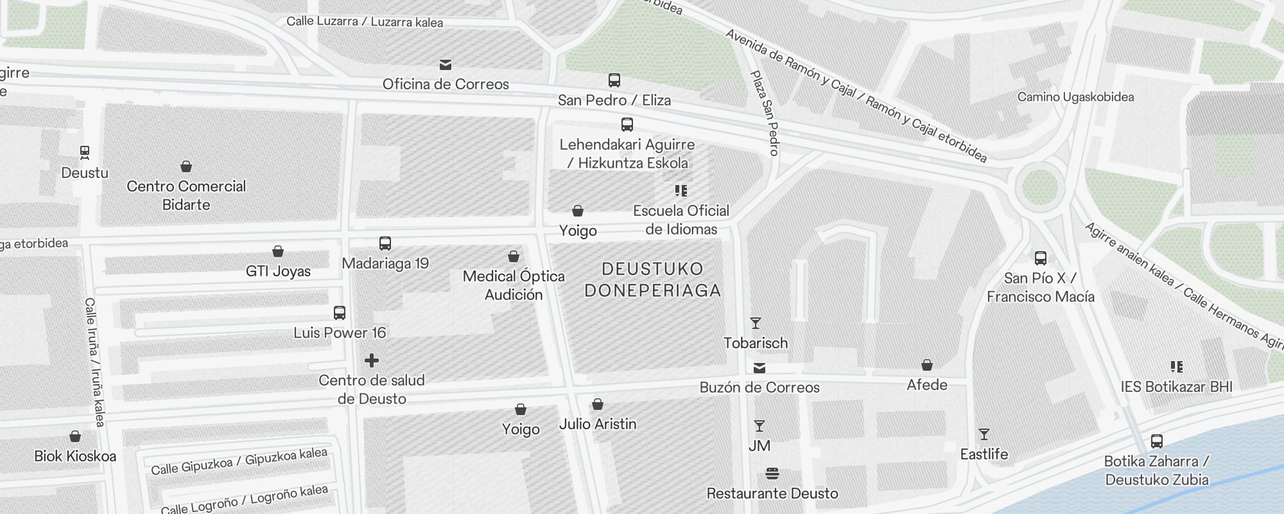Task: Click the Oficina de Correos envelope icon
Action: [445, 65]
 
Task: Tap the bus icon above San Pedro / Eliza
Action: [614, 80]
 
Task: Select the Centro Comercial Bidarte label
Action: [186, 195]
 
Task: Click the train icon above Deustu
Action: [84, 152]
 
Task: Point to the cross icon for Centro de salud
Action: [371, 360]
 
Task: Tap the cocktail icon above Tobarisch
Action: [756, 323]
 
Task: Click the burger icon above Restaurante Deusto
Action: [772, 474]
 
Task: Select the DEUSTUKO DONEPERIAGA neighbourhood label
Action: [653, 279]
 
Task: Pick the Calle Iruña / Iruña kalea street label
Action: [94, 362]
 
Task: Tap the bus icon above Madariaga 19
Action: [385, 244]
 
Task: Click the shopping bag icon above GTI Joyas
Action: [278, 251]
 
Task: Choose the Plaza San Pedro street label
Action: [765, 113]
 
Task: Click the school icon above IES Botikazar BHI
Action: [1176, 367]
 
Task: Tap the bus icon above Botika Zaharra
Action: [1156, 441]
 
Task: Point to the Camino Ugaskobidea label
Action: [1075, 97]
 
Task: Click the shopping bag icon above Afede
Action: [926, 366]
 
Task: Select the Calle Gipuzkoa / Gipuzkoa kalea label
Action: [239, 461]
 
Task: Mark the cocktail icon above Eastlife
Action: [984, 435]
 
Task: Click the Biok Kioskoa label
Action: [75, 456]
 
